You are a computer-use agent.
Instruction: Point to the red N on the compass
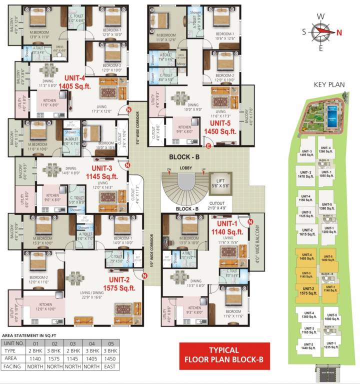(338, 33)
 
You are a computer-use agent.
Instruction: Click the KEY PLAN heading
(329, 84)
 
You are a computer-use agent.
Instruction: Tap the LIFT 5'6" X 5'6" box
(220, 183)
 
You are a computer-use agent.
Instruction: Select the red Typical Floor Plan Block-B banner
(224, 354)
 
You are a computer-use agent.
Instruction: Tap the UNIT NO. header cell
(14, 343)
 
